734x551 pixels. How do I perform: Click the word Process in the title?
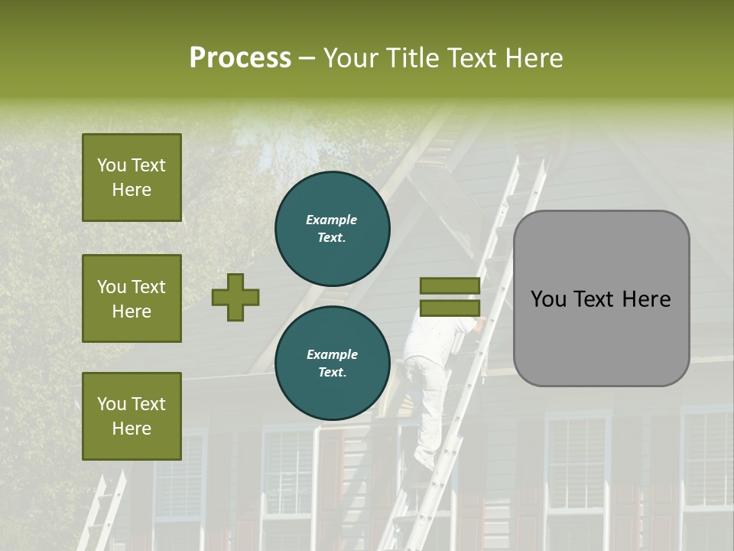pos(240,58)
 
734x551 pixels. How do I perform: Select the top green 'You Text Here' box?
pos(132,178)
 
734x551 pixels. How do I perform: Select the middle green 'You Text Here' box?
pos(132,298)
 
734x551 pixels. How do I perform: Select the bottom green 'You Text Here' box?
pos(132,416)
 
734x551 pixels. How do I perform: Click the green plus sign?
pos(235,297)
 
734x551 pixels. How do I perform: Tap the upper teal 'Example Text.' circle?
pos(332,228)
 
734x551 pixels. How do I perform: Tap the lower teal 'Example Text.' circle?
pos(332,363)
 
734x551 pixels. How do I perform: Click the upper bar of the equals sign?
pos(450,285)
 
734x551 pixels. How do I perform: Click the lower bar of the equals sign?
pos(450,308)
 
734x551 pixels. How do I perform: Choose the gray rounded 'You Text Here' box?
pos(601,298)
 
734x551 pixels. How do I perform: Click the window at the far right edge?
pos(707,467)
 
